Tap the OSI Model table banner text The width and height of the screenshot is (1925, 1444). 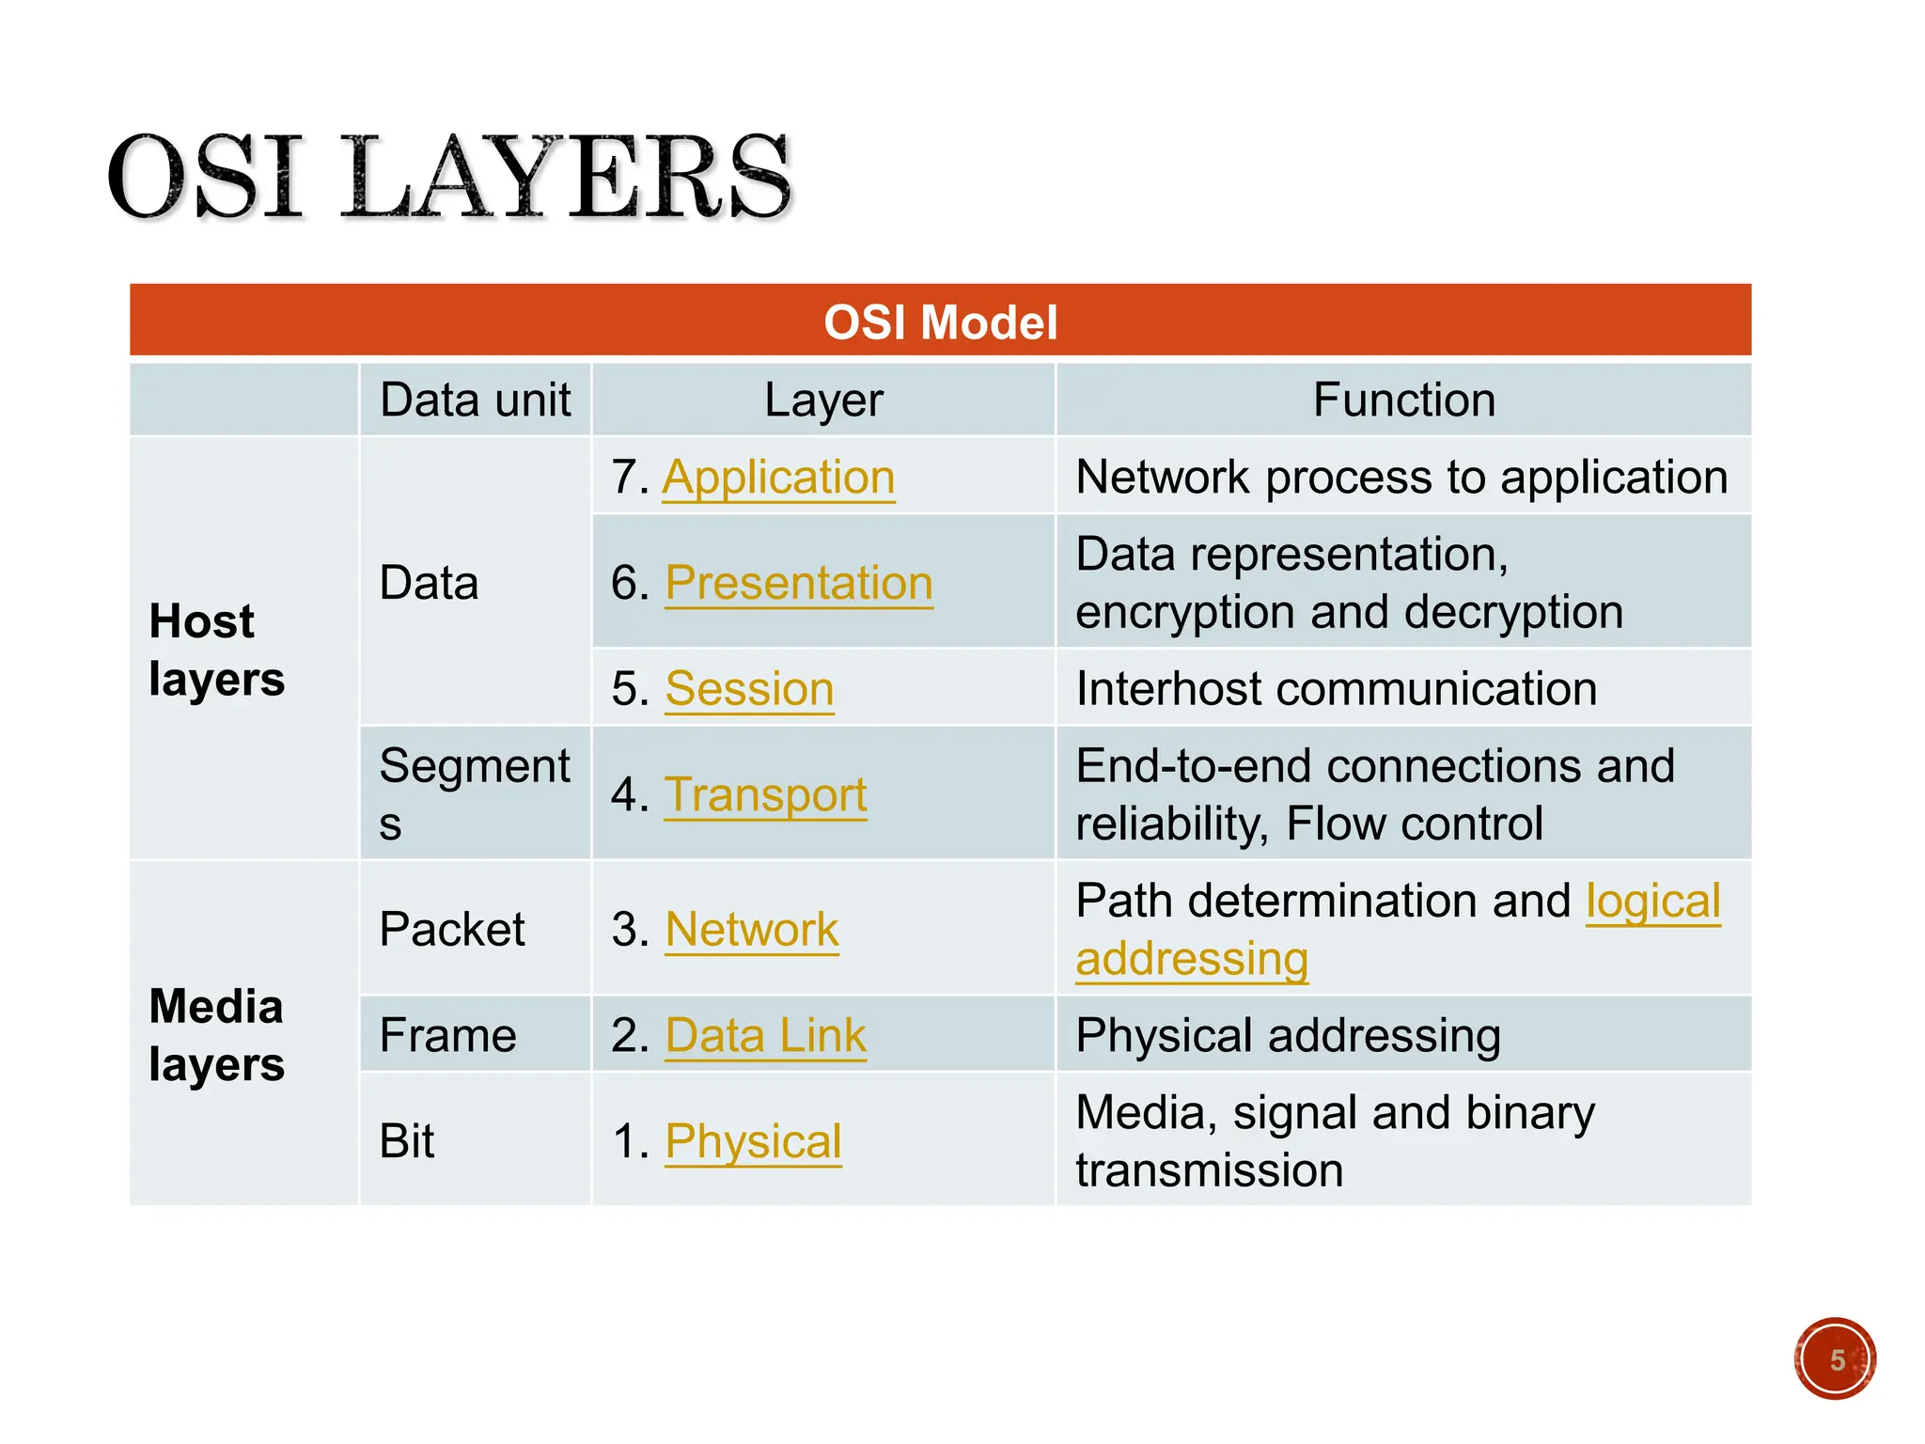940,322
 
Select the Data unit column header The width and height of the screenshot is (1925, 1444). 475,400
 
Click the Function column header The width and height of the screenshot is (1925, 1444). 1403,400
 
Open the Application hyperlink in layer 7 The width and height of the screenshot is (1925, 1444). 778,478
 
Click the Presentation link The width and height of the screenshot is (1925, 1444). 798,583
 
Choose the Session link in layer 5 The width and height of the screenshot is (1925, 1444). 749,689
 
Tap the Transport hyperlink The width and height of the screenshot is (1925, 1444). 765,795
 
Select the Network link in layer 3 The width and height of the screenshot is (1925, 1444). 751,930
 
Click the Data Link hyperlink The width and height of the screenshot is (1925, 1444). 765,1036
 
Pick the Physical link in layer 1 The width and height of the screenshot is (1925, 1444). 753,1142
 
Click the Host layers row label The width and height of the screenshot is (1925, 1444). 216,651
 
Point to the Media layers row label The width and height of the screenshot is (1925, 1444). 216,1035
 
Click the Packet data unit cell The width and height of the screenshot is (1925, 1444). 452,930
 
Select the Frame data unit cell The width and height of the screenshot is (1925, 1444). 447,1036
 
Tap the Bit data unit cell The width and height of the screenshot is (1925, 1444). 406,1142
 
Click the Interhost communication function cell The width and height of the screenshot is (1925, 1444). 1336,689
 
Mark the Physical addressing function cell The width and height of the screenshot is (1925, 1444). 1288,1036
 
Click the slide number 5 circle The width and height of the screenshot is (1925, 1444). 1835,1359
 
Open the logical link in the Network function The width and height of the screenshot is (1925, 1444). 1652,902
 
